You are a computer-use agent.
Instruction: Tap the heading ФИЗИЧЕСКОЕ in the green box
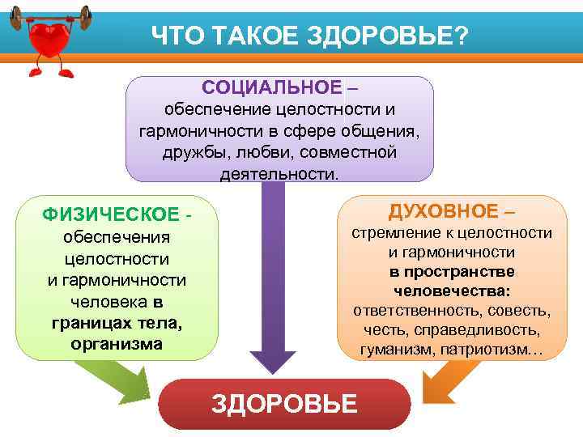click(111, 214)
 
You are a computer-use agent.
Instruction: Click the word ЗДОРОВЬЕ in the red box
click(284, 403)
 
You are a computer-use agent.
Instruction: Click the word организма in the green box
click(117, 343)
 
